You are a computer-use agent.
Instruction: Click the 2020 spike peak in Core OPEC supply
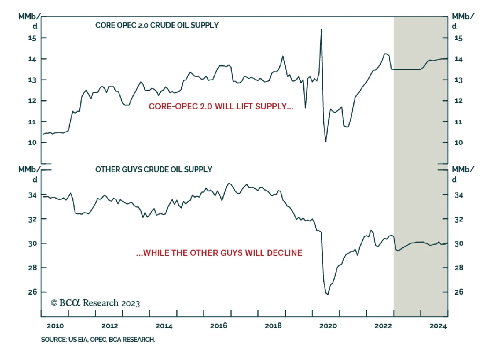pyautogui.click(x=321, y=30)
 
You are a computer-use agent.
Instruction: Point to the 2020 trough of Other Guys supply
pyautogui.click(x=328, y=294)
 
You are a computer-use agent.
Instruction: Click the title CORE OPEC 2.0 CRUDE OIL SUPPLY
pyautogui.click(x=157, y=25)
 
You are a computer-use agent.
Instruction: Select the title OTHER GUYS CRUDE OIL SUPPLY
pyautogui.click(x=153, y=169)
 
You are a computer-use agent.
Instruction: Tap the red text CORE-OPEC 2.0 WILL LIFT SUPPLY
pyautogui.click(x=221, y=106)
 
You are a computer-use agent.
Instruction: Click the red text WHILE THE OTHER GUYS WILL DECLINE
pyautogui.click(x=219, y=253)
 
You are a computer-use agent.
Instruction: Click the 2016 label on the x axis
pyautogui.click(x=219, y=326)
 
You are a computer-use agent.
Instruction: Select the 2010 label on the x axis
pyautogui.click(x=55, y=326)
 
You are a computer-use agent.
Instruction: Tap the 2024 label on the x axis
pyautogui.click(x=438, y=326)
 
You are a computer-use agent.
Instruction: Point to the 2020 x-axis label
pyautogui.click(x=328, y=326)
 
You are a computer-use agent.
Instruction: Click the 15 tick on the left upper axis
pyautogui.click(x=32, y=38)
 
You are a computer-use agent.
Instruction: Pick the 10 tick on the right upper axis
pyautogui.click(x=458, y=143)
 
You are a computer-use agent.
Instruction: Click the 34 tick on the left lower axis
pyautogui.click(x=32, y=195)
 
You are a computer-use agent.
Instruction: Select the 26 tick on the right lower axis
pyautogui.click(x=459, y=292)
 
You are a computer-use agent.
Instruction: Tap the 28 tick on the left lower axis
pyautogui.click(x=32, y=268)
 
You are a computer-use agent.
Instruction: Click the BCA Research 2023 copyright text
pyautogui.click(x=95, y=303)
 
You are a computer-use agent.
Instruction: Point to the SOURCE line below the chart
pyautogui.click(x=98, y=340)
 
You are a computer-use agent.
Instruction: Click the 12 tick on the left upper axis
pyautogui.click(x=32, y=101)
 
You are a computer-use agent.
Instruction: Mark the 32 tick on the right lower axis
pyautogui.click(x=459, y=219)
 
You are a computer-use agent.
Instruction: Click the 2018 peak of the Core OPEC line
pyautogui.click(x=283, y=56)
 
